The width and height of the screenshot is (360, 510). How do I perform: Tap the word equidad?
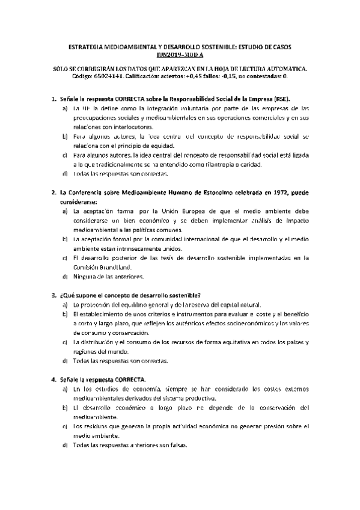coord(160,146)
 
